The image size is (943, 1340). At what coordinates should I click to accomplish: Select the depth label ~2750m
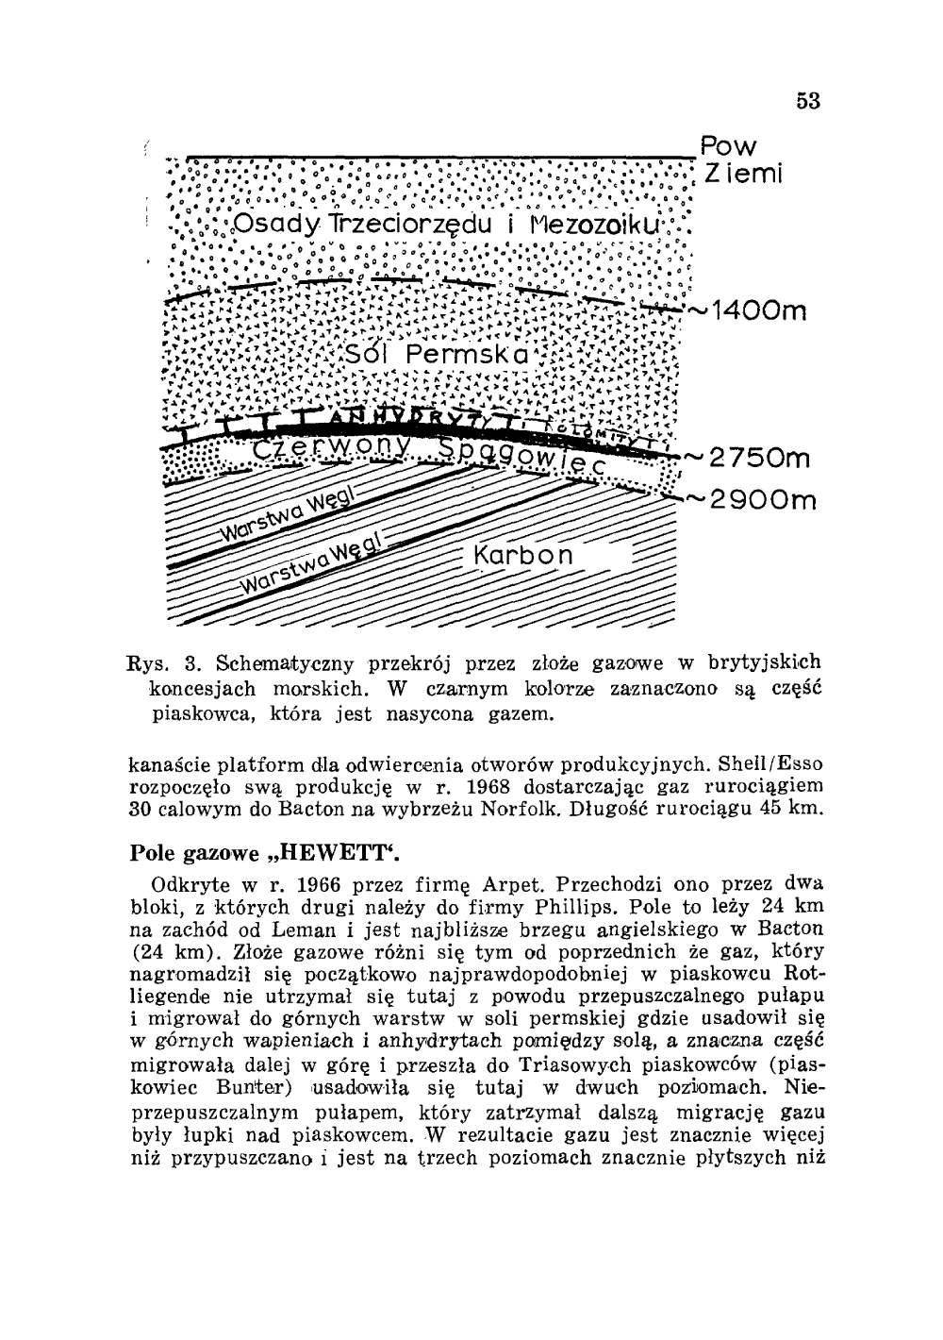(756, 460)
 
